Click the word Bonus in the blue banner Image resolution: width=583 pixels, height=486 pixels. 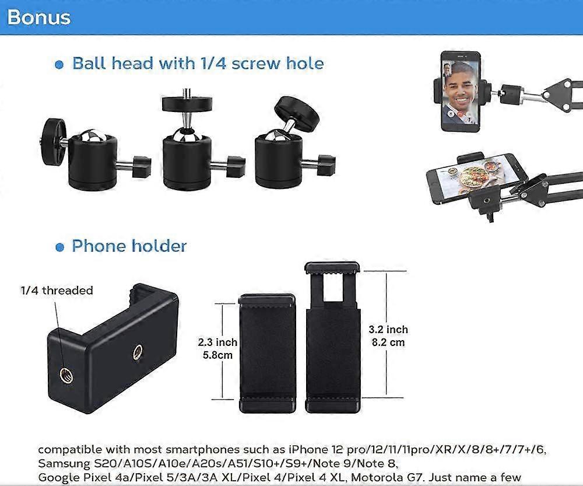point(38,18)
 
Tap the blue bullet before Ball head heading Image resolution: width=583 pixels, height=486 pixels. point(59,65)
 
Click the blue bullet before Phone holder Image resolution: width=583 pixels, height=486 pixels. point(59,247)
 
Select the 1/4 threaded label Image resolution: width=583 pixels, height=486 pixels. point(57,291)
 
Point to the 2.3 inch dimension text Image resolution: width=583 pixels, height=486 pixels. point(217,342)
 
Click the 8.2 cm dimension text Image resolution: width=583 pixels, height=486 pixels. point(388,342)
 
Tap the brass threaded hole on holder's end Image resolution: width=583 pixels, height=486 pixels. point(66,375)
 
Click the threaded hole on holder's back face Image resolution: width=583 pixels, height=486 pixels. point(138,352)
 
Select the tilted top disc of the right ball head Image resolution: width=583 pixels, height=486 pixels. point(297,114)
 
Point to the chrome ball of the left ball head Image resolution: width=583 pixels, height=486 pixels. point(92,135)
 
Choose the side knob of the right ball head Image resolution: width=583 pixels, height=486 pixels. point(326,165)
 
